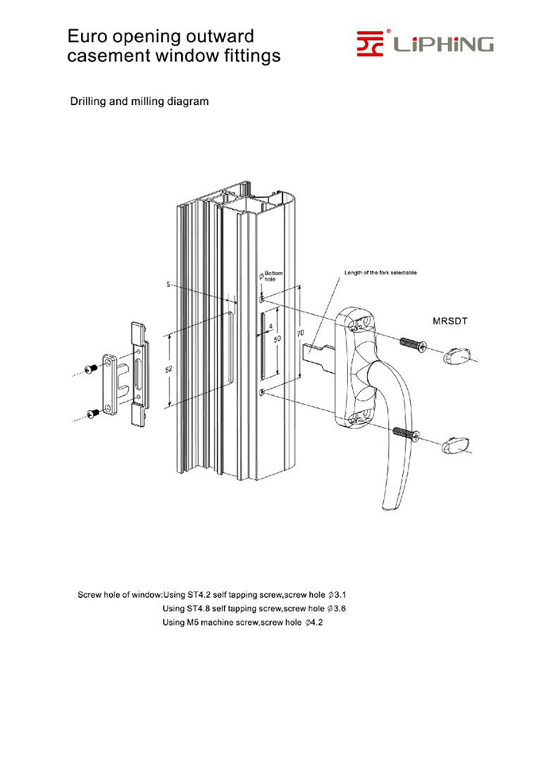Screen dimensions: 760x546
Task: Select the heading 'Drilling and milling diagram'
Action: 140,102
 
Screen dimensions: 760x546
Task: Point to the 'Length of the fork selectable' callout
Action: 380,273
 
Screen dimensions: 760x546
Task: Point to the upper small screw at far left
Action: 91,368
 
